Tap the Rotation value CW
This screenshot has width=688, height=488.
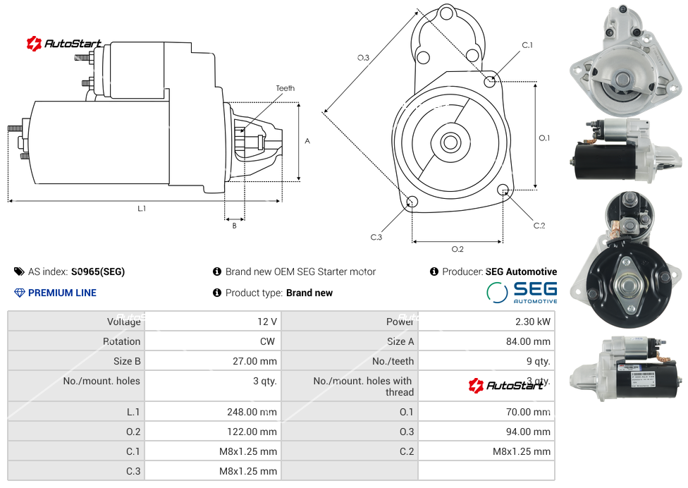[x=267, y=341]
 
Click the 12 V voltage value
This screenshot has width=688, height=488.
[x=267, y=322]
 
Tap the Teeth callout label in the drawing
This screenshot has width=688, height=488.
[x=285, y=88]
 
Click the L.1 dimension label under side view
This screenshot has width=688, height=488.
[x=142, y=209]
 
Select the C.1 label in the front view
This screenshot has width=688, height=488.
[x=527, y=45]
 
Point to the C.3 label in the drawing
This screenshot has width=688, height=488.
[x=376, y=237]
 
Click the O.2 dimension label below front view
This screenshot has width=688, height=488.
[x=457, y=249]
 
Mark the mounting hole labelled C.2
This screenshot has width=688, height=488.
[x=503, y=190]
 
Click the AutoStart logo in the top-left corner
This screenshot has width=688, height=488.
[x=64, y=44]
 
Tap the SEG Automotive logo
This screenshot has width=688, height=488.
[x=522, y=292]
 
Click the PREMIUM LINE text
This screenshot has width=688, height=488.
[x=62, y=293]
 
